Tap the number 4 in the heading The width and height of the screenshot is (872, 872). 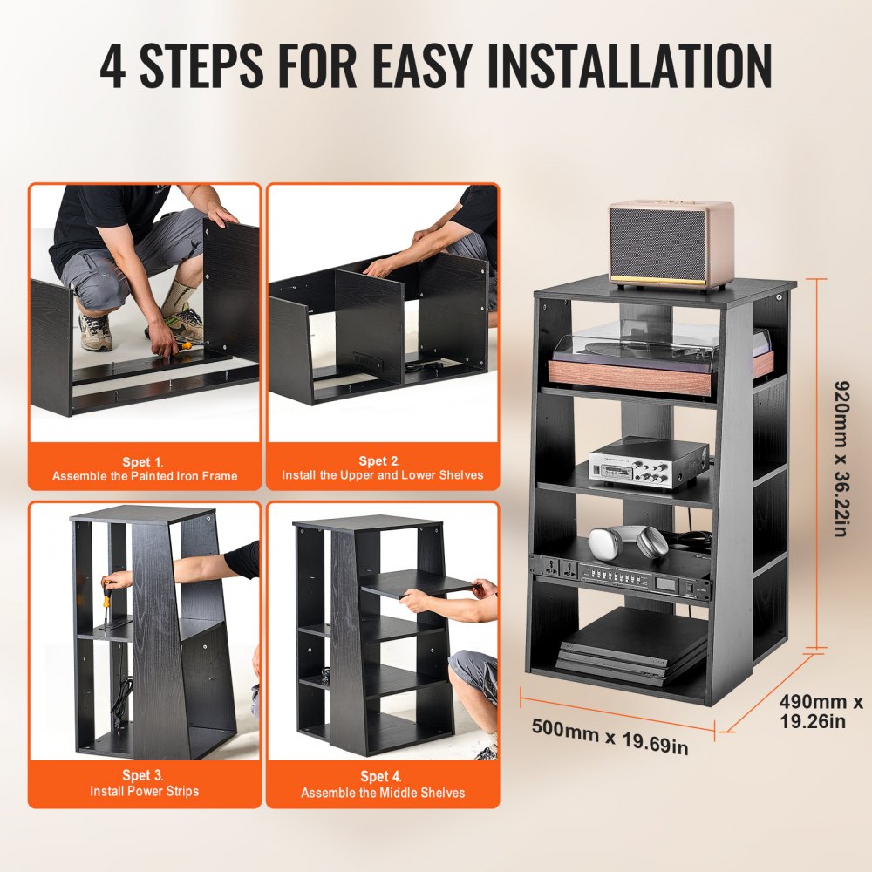click(x=112, y=65)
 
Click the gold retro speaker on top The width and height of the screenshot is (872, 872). click(x=671, y=244)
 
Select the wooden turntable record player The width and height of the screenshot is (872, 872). click(x=650, y=358)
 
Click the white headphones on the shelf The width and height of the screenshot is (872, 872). click(x=628, y=542)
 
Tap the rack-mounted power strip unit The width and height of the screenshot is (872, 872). click(x=619, y=576)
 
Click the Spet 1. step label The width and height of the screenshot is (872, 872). click(x=144, y=461)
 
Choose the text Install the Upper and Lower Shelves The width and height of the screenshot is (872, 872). click(x=382, y=476)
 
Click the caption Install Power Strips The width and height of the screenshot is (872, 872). click(x=144, y=791)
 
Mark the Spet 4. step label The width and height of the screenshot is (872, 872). click(x=382, y=776)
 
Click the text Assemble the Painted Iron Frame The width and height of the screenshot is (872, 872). click(x=144, y=476)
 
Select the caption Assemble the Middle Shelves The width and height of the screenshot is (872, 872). click(x=382, y=793)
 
